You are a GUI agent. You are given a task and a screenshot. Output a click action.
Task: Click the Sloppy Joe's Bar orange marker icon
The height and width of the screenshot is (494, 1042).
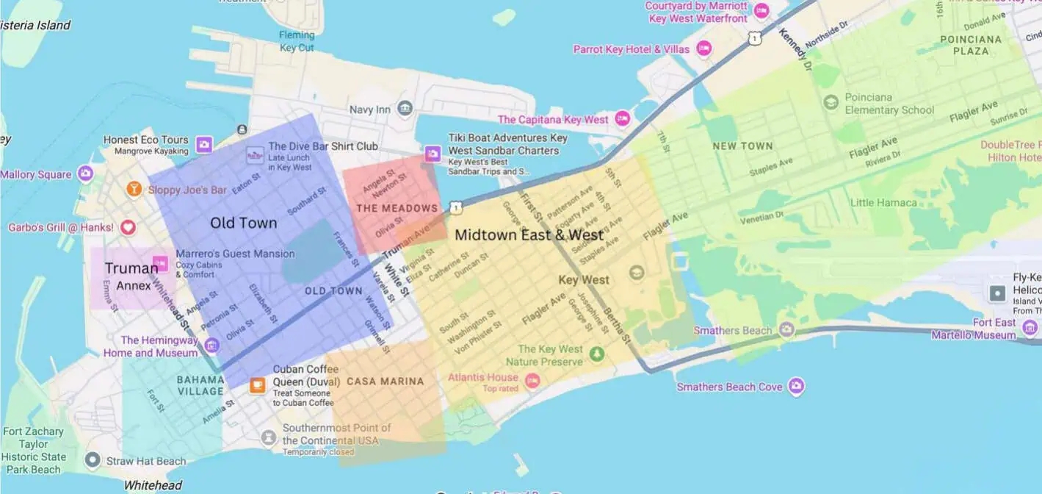tap(134, 190)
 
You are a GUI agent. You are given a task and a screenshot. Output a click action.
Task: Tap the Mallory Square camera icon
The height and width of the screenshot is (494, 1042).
tap(86, 174)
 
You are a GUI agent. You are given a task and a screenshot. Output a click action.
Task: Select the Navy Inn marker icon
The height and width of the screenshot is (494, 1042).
tap(405, 110)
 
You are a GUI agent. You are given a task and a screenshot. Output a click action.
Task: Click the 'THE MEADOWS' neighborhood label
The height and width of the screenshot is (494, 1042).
tap(397, 208)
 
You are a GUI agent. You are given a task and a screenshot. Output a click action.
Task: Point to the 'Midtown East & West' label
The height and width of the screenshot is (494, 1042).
tap(529, 235)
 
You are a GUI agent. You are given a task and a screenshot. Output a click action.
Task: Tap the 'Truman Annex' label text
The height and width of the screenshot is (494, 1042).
tap(131, 276)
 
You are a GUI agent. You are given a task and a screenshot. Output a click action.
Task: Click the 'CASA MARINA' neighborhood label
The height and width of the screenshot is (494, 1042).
tap(385, 381)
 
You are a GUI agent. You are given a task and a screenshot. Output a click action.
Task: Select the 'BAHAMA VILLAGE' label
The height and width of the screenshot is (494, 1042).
tap(200, 385)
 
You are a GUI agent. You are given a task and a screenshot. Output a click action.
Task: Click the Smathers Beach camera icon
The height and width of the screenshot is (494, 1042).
tap(787, 330)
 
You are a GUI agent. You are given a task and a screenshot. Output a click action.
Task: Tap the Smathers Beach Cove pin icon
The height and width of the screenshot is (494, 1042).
tap(796, 386)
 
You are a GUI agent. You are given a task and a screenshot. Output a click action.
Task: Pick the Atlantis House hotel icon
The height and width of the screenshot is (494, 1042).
tap(532, 380)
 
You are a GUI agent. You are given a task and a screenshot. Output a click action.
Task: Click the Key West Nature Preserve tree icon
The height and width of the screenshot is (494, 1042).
tap(597, 355)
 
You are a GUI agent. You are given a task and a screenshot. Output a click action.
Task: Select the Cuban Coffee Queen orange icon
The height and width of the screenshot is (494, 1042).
tap(257, 385)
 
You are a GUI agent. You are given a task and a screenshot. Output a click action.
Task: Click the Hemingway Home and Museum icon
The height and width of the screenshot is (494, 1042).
tap(212, 345)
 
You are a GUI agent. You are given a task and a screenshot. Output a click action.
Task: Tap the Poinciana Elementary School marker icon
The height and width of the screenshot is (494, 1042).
tap(831, 102)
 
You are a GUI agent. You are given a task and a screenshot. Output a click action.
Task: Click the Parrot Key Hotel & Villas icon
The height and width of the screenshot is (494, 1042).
tap(704, 49)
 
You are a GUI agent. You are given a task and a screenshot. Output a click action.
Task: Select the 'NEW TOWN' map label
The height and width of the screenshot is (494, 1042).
tap(742, 146)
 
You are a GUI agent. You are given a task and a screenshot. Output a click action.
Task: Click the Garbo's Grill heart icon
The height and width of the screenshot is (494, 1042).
tap(128, 227)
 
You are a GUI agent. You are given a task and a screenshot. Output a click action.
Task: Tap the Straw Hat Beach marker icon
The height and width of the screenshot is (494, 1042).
tap(92, 461)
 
